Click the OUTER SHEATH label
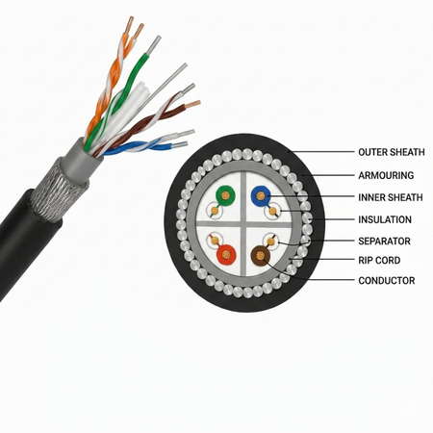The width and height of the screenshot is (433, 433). point(392,152)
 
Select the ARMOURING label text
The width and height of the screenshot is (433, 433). point(386,175)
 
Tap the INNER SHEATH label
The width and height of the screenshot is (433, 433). point(391,197)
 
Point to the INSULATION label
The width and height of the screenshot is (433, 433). point(385,219)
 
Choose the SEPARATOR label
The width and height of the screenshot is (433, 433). point(384,241)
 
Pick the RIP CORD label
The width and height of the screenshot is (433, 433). point(379,260)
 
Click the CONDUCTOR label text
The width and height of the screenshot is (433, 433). point(387,280)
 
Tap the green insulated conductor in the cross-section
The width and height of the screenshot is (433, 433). point(225,195)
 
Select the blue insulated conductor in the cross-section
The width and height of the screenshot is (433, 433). point(261,195)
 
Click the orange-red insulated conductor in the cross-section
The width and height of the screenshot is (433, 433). point(226,255)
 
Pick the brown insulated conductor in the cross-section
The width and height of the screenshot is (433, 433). point(261,256)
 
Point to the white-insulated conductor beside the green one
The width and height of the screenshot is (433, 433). point(215,211)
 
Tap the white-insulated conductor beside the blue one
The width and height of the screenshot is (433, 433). point(272,212)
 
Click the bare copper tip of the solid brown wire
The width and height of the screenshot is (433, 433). point(193,104)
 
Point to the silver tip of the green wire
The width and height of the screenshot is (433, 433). point(154,44)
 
